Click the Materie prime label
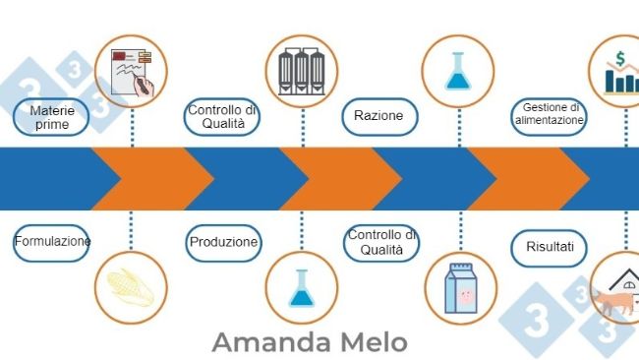coord(51,117)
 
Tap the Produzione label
coord(223,243)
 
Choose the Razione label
coord(379,117)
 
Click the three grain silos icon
coord(302,72)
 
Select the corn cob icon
coord(130,287)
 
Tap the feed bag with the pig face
coord(461,288)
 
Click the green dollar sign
coord(620,59)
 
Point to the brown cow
coord(612,302)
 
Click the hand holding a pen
coord(144,86)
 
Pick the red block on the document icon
coord(119,55)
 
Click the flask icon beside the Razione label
coord(458,72)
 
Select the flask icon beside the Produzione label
coord(302,288)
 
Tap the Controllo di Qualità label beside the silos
coord(222,117)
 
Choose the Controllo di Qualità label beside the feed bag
coord(381,243)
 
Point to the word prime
coord(52,124)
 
